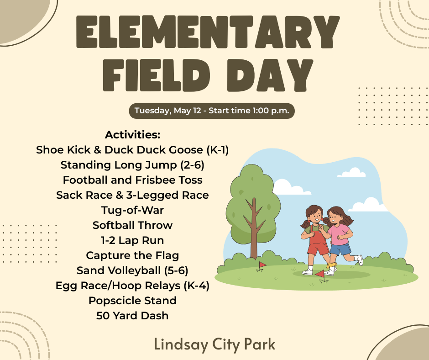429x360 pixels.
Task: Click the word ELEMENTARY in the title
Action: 208,32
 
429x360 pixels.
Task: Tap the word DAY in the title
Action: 270,75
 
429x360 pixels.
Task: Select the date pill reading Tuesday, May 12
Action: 212,111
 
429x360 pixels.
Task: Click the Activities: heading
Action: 132,135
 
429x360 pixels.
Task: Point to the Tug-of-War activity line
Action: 132,210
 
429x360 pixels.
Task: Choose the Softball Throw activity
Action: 132,225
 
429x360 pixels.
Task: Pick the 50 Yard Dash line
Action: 132,316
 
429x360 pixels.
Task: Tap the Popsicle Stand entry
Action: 132,301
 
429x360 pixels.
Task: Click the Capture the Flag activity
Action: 132,255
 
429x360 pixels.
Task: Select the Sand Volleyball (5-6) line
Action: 132,270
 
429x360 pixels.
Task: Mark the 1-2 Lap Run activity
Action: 132,240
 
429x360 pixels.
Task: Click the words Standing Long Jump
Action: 119,165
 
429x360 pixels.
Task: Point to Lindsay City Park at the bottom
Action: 214,344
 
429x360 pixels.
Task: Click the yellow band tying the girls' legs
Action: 332,265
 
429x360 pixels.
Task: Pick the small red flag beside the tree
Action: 262,265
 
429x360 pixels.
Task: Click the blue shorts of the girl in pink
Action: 340,249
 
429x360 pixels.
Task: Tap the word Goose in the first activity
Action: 186,150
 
